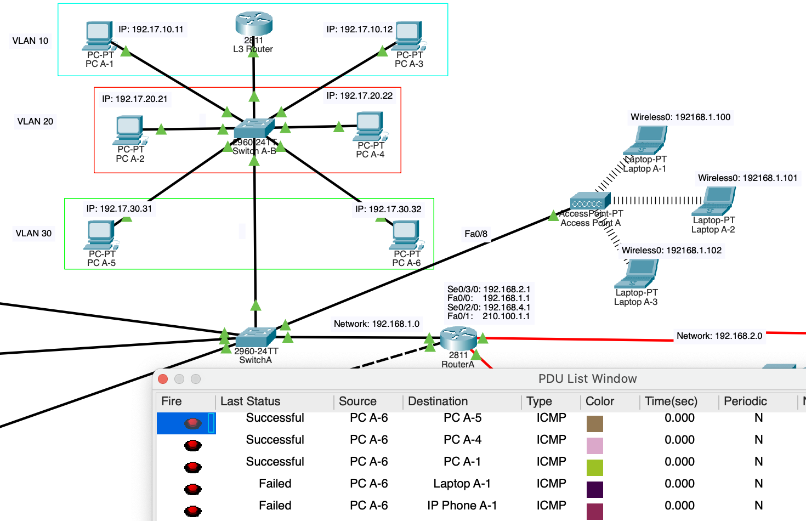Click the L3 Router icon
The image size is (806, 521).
tap(254, 24)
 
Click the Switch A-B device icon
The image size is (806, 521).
tap(253, 129)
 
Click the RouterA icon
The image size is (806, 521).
tap(458, 338)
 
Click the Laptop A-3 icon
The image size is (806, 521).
tap(637, 274)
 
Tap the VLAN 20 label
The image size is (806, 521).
tap(35, 121)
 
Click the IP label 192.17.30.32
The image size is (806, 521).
tap(388, 209)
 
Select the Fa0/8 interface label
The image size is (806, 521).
tap(475, 234)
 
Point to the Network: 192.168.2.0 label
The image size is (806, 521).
tap(719, 336)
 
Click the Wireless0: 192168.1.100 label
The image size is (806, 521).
tap(680, 117)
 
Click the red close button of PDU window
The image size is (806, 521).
tap(163, 379)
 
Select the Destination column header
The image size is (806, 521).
tap(438, 401)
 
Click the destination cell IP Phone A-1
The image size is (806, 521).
tap(462, 505)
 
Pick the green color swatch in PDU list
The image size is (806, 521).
tap(594, 467)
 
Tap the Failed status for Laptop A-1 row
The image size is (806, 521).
tap(275, 483)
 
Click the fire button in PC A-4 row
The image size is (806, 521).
tap(192, 445)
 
